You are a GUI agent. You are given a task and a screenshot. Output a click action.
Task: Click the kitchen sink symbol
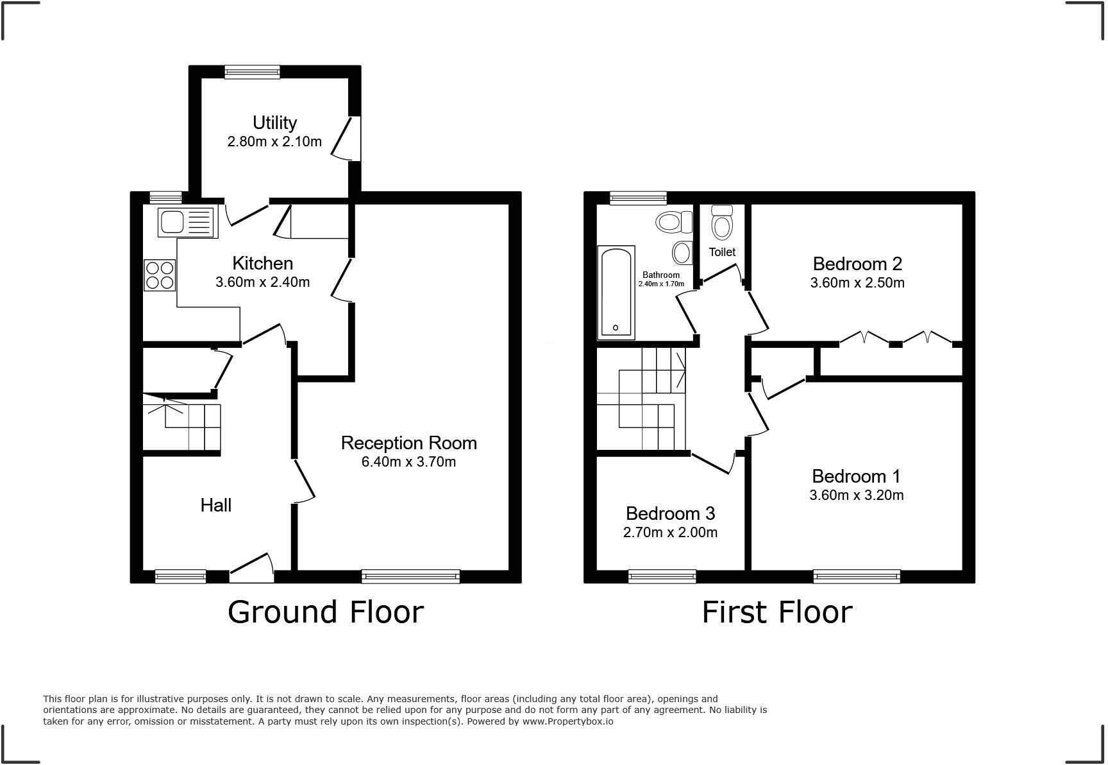point(186,222)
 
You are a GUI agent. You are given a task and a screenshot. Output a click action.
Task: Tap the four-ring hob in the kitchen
point(160,275)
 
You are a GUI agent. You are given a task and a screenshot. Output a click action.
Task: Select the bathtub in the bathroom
point(616,292)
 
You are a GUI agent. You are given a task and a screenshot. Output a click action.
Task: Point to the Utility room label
point(274,123)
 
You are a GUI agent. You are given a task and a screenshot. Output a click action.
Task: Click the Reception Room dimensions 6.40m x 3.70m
point(408,462)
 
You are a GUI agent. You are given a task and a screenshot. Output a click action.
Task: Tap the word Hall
point(216,505)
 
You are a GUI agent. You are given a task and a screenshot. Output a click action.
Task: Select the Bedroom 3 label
point(670,513)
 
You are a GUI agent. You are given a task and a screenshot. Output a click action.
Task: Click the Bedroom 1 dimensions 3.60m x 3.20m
point(856,495)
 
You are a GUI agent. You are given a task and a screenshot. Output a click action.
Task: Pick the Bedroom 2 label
point(857,264)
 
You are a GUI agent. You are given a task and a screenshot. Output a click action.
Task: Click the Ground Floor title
point(326,612)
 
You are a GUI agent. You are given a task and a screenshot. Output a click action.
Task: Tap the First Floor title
point(777,612)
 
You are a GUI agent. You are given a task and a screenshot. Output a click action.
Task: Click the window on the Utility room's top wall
point(252,72)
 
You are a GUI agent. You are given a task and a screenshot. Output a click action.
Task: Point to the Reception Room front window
point(410,576)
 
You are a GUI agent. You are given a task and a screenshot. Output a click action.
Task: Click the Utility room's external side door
point(349,138)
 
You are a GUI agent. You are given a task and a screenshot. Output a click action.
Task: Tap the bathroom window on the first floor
point(638,198)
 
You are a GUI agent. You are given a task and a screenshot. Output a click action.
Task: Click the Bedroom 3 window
point(662,576)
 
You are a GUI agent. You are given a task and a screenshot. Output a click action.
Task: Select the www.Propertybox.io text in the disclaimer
point(567,721)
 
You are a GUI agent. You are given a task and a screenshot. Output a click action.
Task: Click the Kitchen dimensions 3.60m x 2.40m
point(263,282)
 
